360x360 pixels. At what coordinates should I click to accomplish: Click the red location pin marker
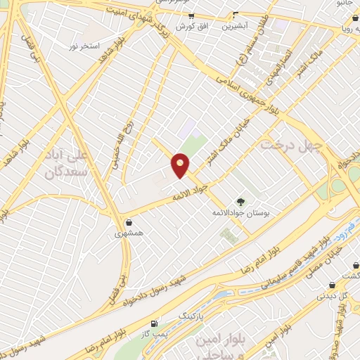click(181, 165)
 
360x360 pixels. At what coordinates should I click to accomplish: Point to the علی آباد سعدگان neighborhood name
click(70, 161)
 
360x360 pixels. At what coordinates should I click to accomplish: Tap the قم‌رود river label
click(325, 229)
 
